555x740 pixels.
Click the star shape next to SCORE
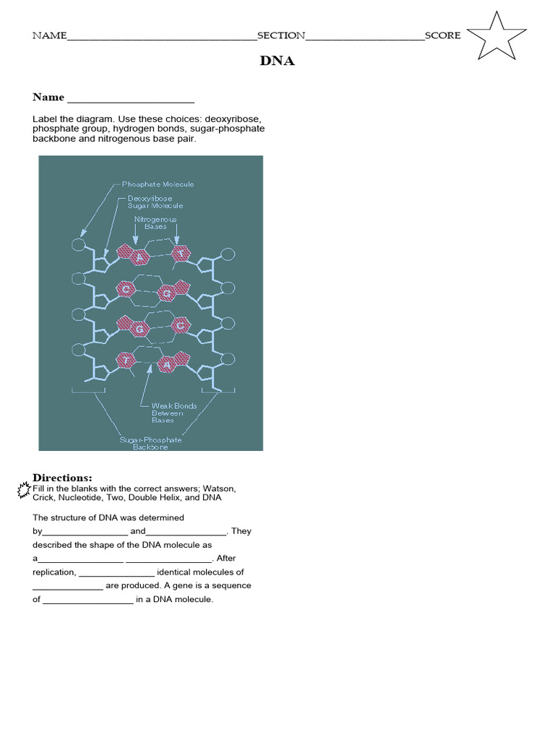497,36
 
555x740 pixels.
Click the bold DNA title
277,61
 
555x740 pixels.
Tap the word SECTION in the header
281,35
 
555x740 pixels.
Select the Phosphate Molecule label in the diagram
158,184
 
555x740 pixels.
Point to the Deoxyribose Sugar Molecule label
155,202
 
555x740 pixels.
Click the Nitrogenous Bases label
155,223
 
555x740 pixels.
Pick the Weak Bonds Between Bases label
173,413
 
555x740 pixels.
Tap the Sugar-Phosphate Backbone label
151,444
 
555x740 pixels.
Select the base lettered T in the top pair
181,253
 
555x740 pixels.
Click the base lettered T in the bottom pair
126,358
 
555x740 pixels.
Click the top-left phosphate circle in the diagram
78,245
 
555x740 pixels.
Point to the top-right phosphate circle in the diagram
227,254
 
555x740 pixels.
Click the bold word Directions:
62,478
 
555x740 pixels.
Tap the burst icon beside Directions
24,489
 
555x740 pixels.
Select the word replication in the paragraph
54,572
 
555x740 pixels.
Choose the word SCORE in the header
442,35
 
